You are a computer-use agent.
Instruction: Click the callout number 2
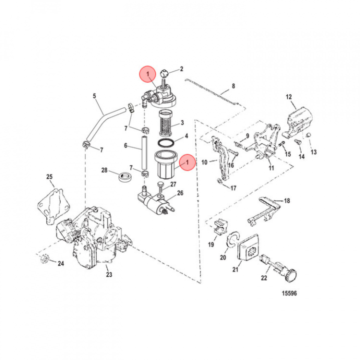tap(181, 69)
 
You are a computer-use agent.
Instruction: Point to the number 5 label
tap(94, 95)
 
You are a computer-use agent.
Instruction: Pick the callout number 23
tap(108, 274)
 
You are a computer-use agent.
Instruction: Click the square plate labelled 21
tap(248, 249)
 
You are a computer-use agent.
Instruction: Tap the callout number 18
tap(286, 200)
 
